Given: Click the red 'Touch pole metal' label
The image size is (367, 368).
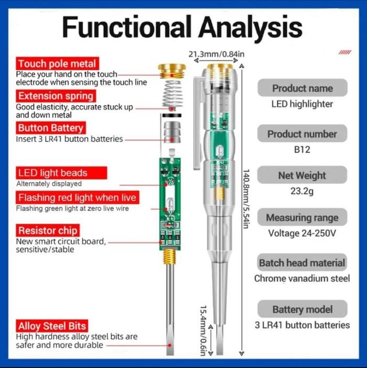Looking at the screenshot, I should [x=57, y=64].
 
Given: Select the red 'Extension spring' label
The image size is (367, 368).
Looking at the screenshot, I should [x=56, y=96].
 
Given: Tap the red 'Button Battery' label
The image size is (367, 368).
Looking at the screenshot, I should [x=50, y=128].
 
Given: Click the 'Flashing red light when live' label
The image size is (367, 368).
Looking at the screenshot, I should [x=77, y=198].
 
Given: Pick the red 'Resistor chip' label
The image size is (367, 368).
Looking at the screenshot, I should [x=48, y=230].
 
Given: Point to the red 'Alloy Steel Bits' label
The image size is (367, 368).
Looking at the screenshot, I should [x=51, y=326].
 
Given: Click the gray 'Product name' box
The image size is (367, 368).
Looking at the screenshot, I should [x=302, y=88].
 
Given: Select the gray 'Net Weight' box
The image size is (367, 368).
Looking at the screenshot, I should [x=302, y=175].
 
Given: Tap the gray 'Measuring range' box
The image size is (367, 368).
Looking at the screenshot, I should [x=302, y=218].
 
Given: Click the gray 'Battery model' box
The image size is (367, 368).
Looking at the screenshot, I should [x=302, y=309].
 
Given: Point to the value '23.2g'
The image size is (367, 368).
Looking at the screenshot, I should [x=302, y=191].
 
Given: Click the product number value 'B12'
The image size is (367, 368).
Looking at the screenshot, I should [x=302, y=150].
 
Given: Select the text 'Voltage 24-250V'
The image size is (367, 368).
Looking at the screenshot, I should [x=302, y=233].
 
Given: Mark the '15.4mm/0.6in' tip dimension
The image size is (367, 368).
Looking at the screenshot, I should [x=203, y=329].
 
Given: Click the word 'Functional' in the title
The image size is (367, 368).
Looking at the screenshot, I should [x=126, y=26].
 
